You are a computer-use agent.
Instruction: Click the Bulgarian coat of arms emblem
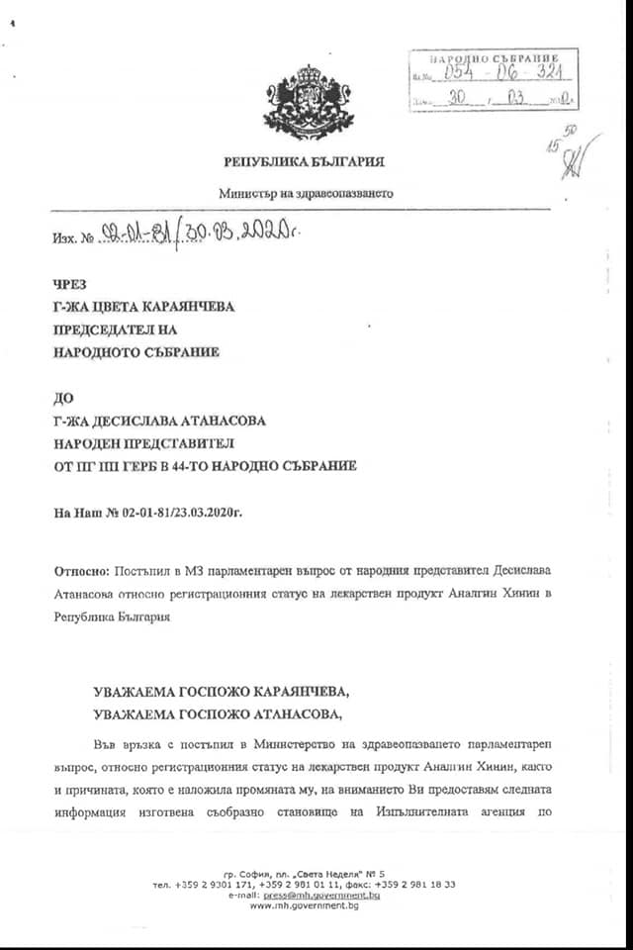[308, 100]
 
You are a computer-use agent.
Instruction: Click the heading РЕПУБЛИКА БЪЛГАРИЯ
[304, 161]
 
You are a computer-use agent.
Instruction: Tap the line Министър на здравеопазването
[306, 193]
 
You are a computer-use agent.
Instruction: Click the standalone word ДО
[63, 398]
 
